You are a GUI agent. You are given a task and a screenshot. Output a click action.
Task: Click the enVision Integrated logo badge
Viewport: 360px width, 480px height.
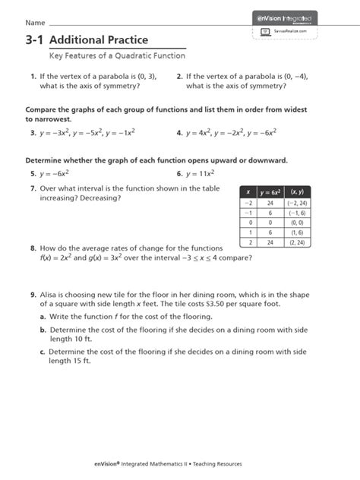[286, 17]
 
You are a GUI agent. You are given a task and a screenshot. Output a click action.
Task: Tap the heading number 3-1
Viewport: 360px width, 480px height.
[34, 39]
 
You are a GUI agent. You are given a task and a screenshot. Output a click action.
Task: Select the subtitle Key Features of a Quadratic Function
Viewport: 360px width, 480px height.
[117, 56]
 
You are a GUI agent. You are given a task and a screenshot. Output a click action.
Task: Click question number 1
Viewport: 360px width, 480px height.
[33, 77]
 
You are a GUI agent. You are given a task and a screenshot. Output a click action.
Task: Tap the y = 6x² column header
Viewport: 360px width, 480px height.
[270, 192]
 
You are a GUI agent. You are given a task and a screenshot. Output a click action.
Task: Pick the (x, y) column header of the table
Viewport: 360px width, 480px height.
[295, 192]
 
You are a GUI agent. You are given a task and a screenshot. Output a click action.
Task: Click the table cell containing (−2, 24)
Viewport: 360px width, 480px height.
[295, 204]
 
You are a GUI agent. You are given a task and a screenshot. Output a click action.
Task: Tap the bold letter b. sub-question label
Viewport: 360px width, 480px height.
[43, 330]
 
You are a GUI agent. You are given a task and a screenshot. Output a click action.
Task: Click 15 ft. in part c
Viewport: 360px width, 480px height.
[78, 362]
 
